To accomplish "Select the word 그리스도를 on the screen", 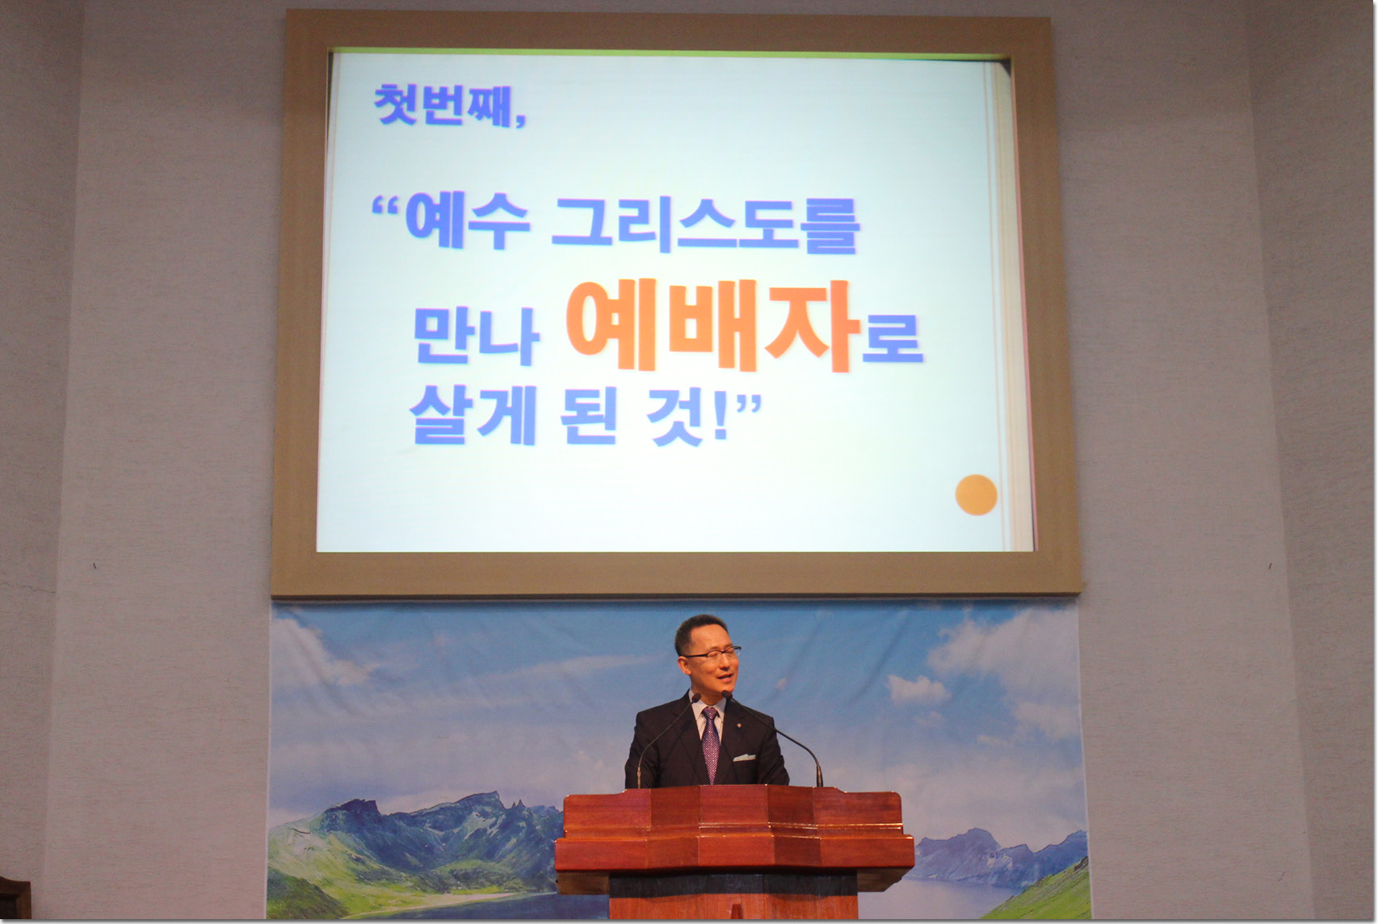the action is pos(705,225).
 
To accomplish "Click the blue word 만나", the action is pos(476,335).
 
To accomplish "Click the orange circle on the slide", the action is pos(976,494).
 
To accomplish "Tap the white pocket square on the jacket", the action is pos(744,758).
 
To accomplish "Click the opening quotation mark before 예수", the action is pos(386,205).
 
